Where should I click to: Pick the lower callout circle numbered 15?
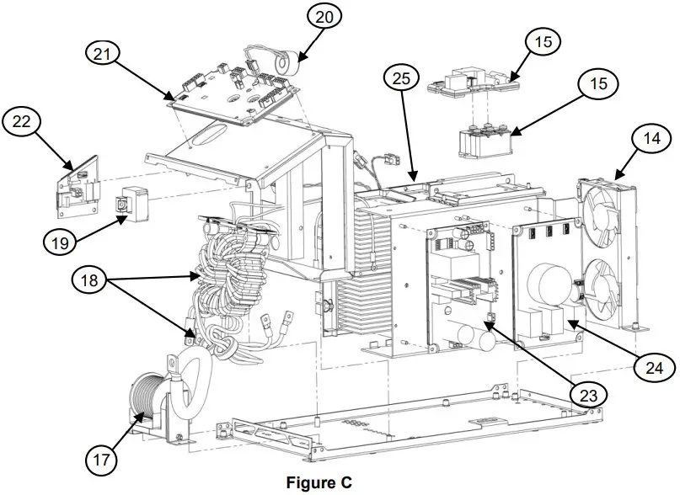click(597, 84)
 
